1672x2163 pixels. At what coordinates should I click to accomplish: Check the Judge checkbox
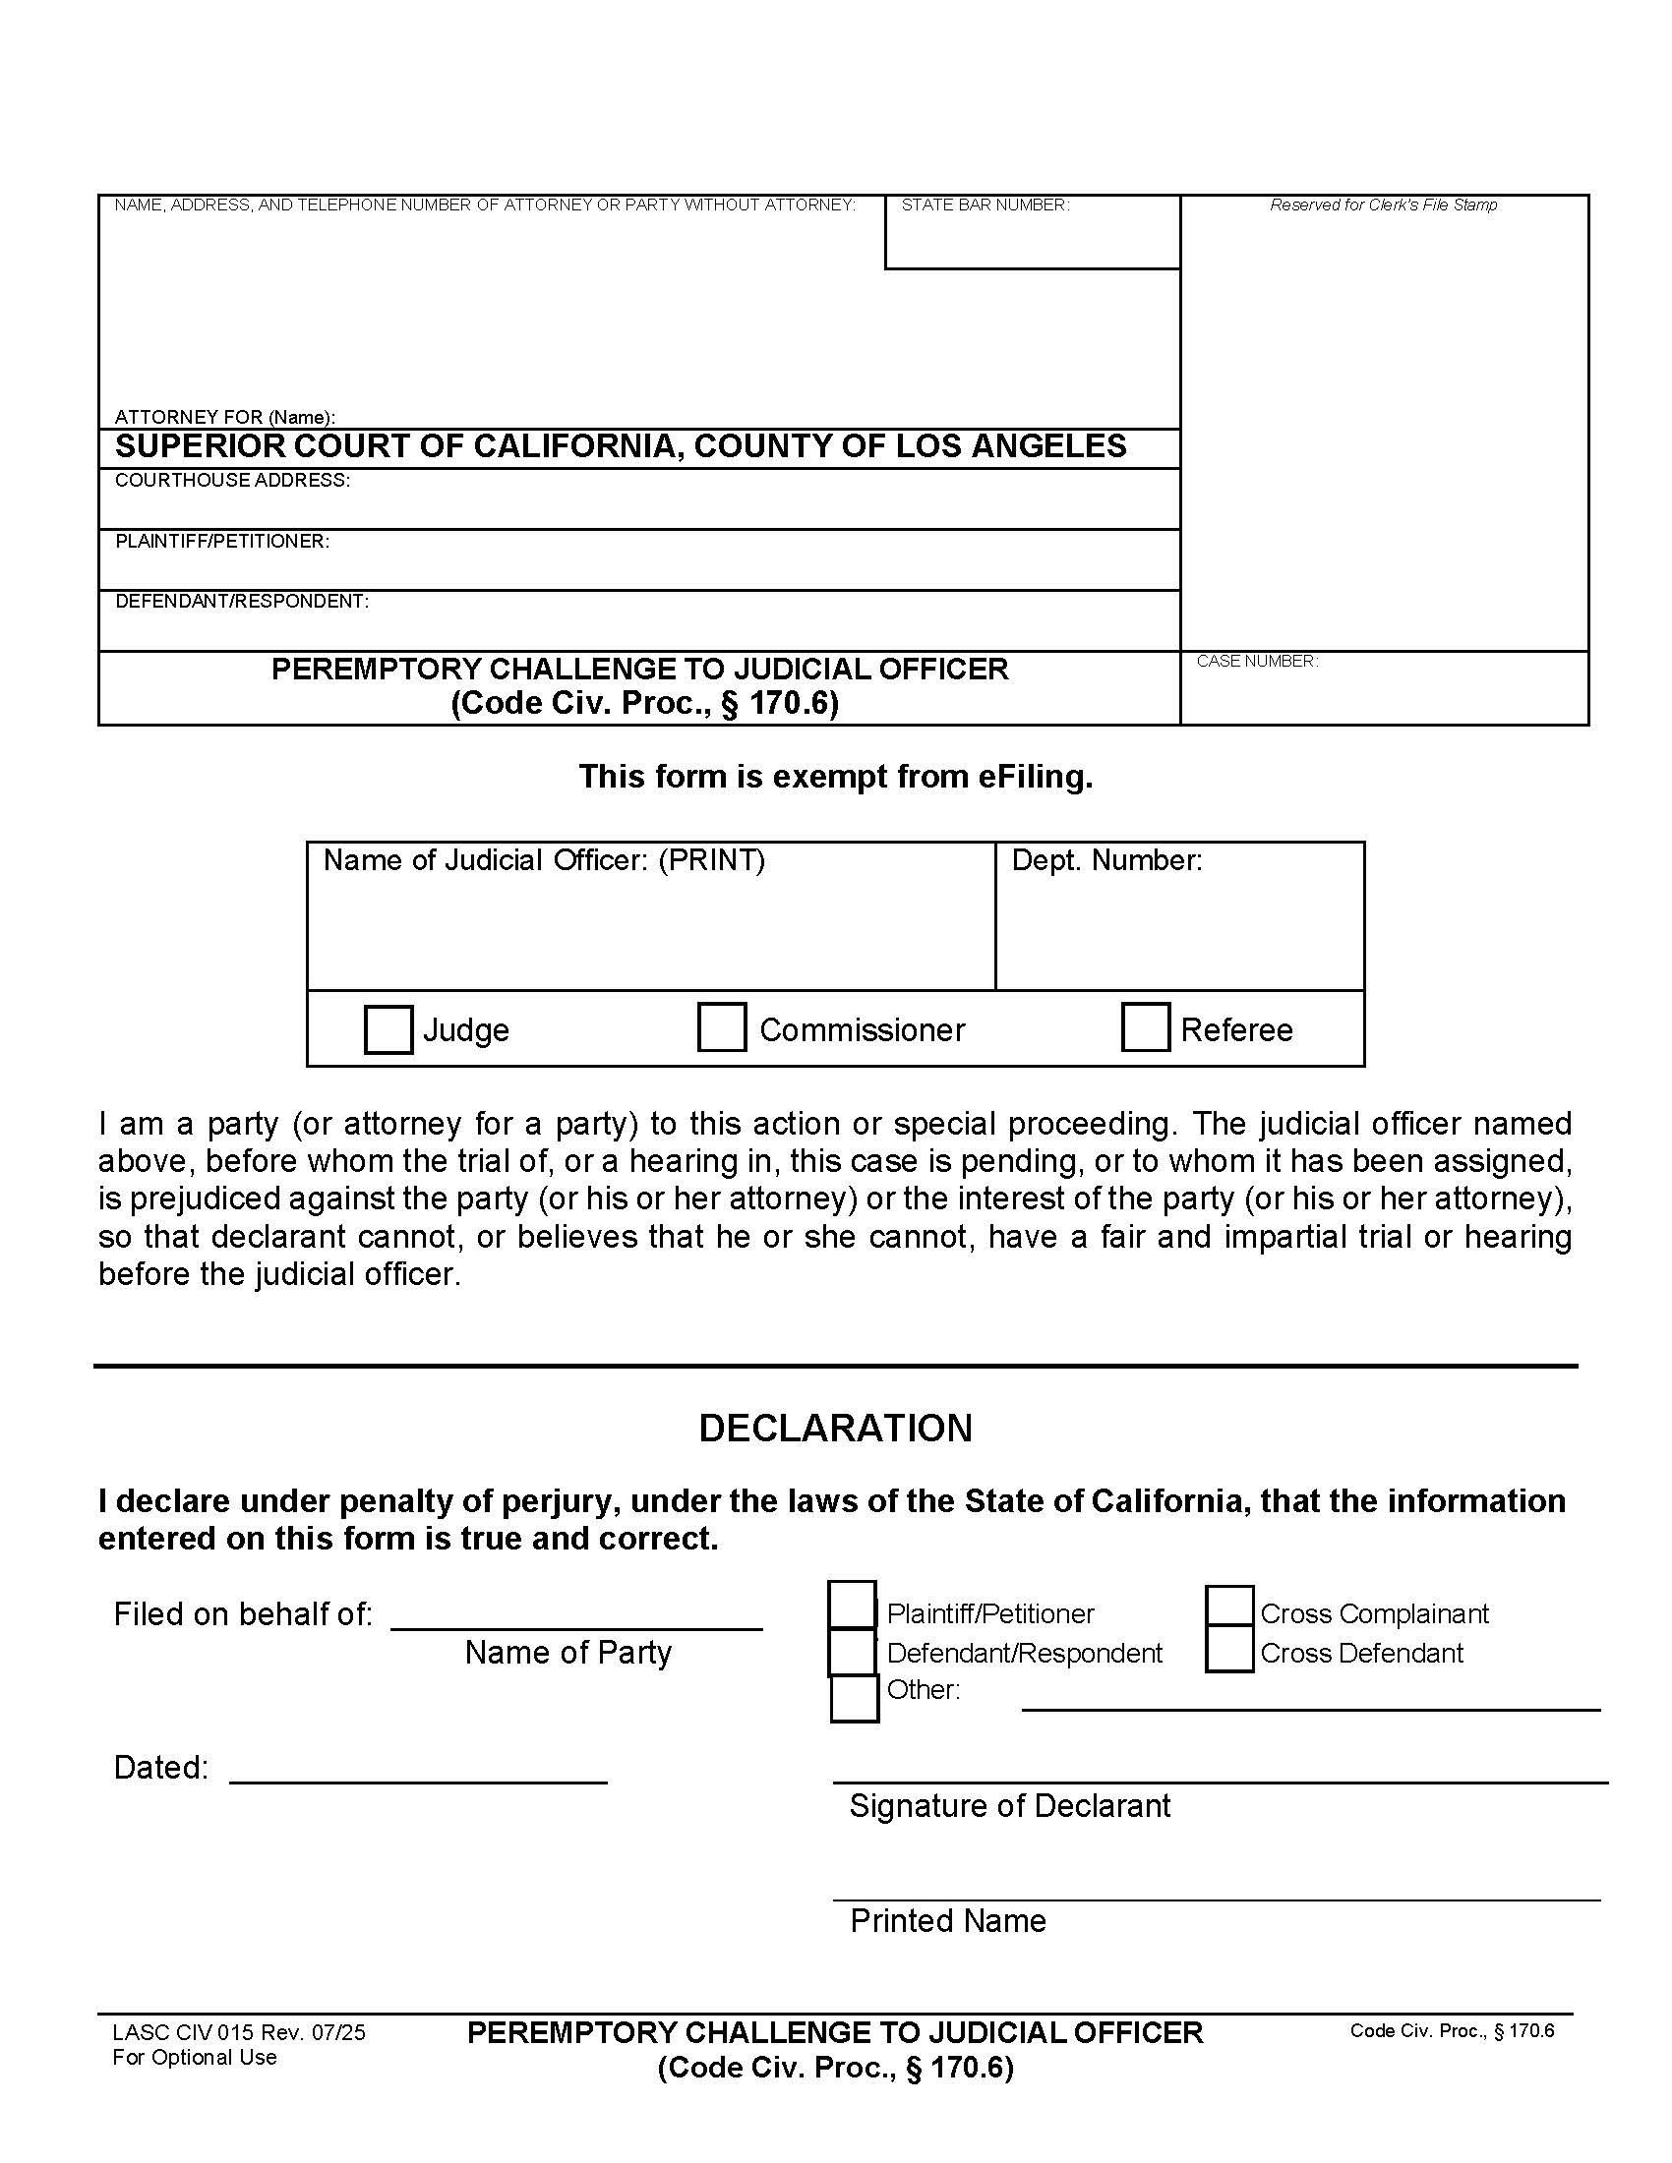388,1029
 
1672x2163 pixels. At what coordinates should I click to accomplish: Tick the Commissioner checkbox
721,1026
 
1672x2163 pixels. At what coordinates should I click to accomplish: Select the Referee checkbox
1145,1026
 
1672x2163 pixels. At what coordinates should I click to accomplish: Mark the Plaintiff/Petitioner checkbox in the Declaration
852,1606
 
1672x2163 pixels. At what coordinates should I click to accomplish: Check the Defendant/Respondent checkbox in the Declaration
852,1651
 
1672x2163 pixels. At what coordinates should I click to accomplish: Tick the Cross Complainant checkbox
1229,1606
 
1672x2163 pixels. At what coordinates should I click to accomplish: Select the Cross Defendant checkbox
1229,1650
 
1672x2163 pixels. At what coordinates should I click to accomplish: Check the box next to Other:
854,1698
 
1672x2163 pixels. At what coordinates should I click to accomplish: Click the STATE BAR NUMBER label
985,205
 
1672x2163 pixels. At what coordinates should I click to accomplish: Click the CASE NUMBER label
1257,661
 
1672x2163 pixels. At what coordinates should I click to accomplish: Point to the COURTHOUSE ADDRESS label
232,481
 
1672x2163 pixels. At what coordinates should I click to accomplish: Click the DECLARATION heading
835,1429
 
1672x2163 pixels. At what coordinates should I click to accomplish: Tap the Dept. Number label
1106,859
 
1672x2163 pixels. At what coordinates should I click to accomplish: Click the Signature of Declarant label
1009,1805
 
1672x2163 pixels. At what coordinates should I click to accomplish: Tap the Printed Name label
948,1920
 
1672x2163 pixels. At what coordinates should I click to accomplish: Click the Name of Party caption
567,1652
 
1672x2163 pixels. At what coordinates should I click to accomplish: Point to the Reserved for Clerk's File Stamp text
1383,205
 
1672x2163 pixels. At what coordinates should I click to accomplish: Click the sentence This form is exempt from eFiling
835,777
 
